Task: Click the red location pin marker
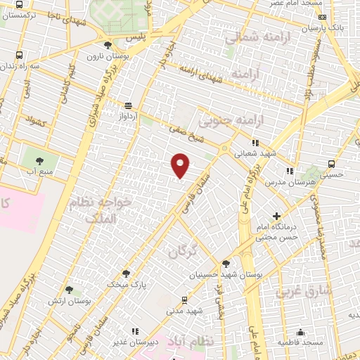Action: click(x=181, y=166)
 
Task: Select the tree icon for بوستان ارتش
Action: click(x=69, y=289)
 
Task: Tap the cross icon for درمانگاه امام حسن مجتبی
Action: click(x=277, y=217)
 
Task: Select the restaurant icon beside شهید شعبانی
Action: click(x=255, y=142)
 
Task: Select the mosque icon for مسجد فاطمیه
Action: click(x=301, y=332)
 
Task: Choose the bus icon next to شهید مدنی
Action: click(x=185, y=298)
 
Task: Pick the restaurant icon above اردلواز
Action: click(x=127, y=103)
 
